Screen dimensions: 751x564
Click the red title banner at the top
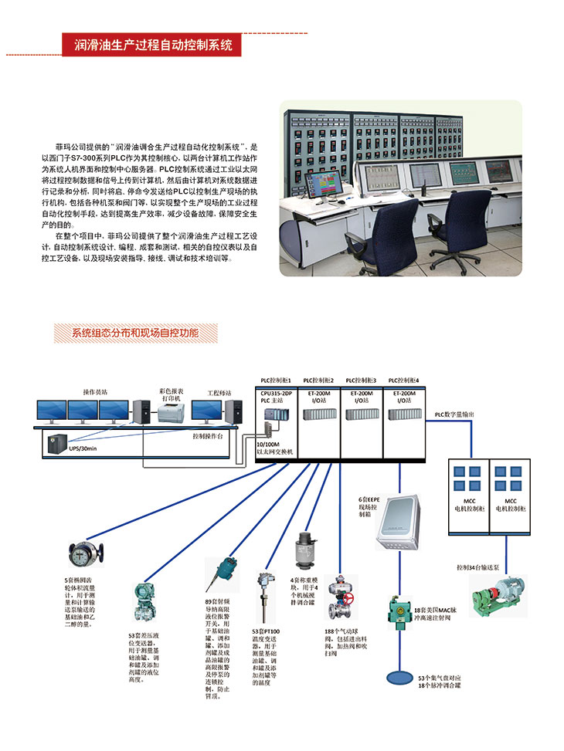pyautogui.click(x=152, y=45)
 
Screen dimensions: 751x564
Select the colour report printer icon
pyautogui.click(x=170, y=412)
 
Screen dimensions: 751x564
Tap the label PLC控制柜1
pyautogui.click(x=275, y=381)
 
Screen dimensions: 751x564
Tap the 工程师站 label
pyautogui.click(x=219, y=393)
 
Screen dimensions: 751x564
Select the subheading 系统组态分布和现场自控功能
pyautogui.click(x=135, y=333)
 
